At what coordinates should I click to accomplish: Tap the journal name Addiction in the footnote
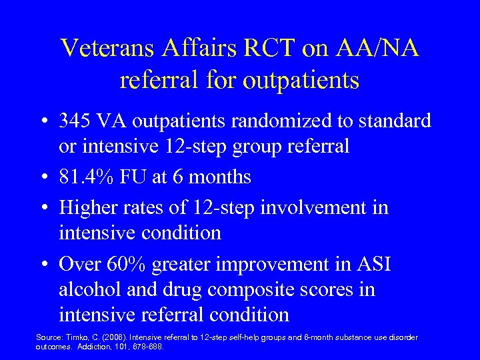(95, 347)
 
